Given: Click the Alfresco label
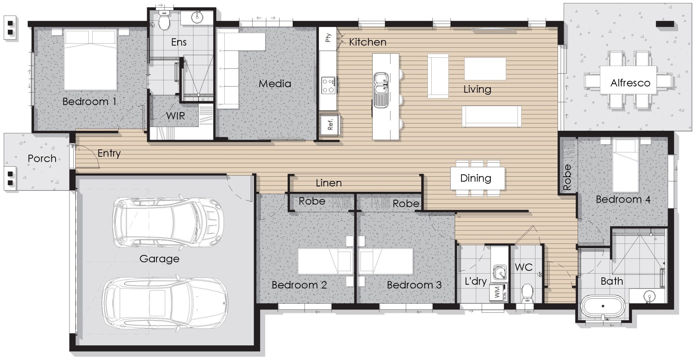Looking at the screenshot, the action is [x=630, y=83].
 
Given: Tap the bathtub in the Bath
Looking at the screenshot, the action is [x=603, y=306].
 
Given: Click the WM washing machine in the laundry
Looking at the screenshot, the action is [x=498, y=292].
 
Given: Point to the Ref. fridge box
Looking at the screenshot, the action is [x=329, y=125].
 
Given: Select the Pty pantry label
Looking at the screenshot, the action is [x=328, y=37].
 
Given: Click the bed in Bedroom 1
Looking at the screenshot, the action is [x=91, y=59].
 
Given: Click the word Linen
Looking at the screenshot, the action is [x=329, y=183].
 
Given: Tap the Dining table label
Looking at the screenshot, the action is [x=476, y=178].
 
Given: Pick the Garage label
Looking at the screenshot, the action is [x=159, y=259].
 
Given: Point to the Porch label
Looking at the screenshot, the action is [x=42, y=158].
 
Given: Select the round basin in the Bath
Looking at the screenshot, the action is [x=650, y=297].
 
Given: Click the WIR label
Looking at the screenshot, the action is [x=176, y=115].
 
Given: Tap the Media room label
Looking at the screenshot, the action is [x=275, y=83].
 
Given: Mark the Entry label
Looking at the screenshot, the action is [x=109, y=154].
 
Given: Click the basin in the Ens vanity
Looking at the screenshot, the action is [x=198, y=17].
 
